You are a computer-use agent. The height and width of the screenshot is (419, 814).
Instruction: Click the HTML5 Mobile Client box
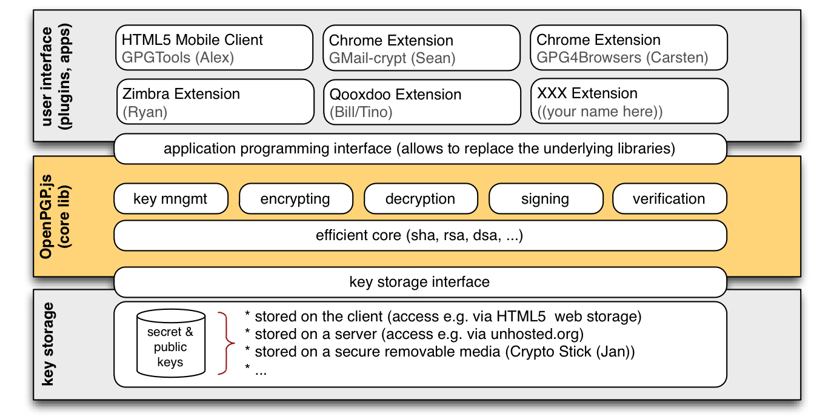coord(215,49)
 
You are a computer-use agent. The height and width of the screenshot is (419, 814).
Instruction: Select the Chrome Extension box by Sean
coord(421,49)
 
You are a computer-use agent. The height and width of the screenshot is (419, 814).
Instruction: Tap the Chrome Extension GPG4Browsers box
coord(629,49)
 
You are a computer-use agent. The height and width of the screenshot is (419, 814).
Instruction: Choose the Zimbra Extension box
coord(215,102)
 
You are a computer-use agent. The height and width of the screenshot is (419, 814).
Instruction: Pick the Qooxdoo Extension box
coord(421,102)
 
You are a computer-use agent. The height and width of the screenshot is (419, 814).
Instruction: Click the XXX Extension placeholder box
coord(629,102)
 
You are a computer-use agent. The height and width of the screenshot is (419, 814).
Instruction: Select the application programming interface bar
coord(419,149)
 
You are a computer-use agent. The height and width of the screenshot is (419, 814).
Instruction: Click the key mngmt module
coord(170,199)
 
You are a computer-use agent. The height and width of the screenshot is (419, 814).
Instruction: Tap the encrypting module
coord(295,199)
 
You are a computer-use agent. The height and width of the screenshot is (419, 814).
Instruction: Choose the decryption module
coord(420,199)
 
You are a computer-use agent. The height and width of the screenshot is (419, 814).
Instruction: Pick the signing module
coord(545,199)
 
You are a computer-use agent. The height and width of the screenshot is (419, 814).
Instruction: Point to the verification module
coord(669,199)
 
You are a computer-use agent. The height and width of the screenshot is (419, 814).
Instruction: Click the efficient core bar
coord(419,235)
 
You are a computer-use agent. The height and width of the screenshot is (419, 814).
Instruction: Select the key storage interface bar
coord(419,282)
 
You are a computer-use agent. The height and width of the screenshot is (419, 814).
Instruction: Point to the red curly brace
coord(227,344)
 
